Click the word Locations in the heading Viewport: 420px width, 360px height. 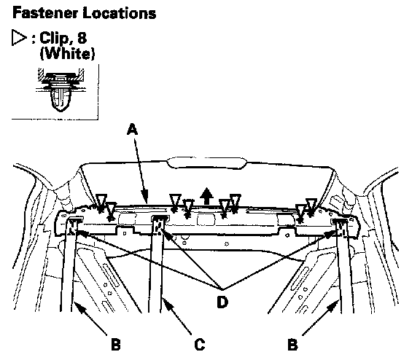(120, 13)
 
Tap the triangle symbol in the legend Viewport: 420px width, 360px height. (19, 38)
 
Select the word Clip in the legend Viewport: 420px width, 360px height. (55, 38)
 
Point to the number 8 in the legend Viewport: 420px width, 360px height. (82, 37)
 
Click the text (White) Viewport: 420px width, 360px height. (67, 53)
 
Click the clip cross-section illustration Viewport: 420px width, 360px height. (61, 90)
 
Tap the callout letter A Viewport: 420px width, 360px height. (132, 129)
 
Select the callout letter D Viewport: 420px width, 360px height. (222, 302)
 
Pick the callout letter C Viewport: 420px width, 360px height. (200, 345)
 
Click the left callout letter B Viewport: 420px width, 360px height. (116, 345)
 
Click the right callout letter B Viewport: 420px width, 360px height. (292, 345)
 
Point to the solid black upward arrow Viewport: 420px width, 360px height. (206, 196)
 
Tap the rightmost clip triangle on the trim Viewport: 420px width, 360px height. (311, 206)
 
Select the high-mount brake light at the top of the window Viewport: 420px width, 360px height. (206, 163)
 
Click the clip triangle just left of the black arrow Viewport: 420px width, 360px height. (188, 208)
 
